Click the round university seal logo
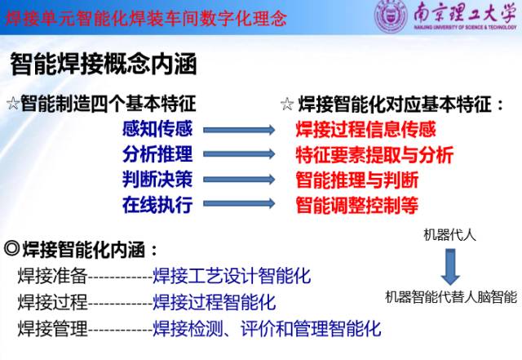(x=391, y=16)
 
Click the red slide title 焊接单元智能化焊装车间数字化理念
(x=146, y=18)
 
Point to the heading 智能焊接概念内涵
(x=104, y=64)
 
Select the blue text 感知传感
(x=157, y=129)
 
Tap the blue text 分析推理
(x=157, y=154)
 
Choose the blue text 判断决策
(x=157, y=180)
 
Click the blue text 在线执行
(x=157, y=204)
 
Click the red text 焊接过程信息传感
(x=366, y=129)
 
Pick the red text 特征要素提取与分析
(x=375, y=154)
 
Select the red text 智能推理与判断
(x=357, y=180)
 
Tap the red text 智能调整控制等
(x=357, y=205)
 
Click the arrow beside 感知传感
(x=239, y=130)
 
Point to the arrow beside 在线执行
(x=239, y=203)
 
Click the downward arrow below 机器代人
(x=450, y=267)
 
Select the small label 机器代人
(x=449, y=235)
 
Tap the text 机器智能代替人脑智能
(x=451, y=296)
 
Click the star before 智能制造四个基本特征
(x=13, y=104)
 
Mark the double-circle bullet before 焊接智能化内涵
(x=12, y=248)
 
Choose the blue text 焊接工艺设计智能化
(x=232, y=276)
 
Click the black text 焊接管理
(x=52, y=328)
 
